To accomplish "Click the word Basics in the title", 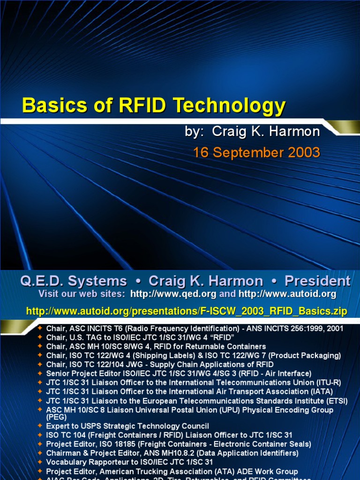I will pyautogui.click(x=49, y=106).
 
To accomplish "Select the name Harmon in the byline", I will pyautogui.click(x=294, y=132).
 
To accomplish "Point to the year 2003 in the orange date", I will pyautogui.click(x=302, y=152).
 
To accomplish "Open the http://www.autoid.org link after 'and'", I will pyautogui.click(x=287, y=294).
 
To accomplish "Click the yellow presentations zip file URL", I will pyautogui.click(x=187, y=311).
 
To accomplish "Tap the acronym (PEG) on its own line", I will pyautogui.click(x=54, y=416).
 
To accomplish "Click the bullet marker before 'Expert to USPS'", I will pyautogui.click(x=40, y=426).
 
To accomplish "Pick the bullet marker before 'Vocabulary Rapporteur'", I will pyautogui.click(x=40, y=462).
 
